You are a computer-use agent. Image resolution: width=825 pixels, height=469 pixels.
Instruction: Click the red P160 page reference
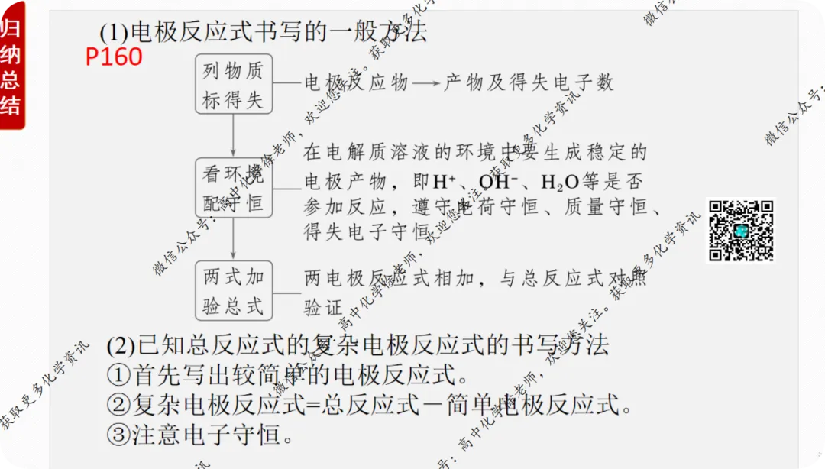(x=114, y=57)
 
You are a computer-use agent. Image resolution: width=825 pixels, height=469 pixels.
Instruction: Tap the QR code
(x=740, y=231)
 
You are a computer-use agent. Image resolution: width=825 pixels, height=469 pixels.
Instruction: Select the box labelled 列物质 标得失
(x=233, y=84)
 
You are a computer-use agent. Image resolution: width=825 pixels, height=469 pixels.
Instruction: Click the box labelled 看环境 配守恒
(x=233, y=188)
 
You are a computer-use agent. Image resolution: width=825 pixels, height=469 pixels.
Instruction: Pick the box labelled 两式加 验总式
(x=233, y=291)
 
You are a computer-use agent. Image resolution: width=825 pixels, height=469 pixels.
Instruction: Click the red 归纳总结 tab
(x=11, y=67)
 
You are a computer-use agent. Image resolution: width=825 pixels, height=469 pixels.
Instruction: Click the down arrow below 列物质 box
(x=233, y=136)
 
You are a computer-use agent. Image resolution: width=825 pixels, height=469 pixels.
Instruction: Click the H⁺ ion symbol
(x=445, y=183)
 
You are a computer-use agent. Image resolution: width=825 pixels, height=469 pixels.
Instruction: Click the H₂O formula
(x=559, y=183)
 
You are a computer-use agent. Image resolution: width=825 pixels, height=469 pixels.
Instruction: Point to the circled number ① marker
(x=118, y=375)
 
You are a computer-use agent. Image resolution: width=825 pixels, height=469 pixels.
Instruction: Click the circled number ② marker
(x=118, y=404)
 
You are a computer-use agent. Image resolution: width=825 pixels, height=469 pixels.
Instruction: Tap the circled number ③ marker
(x=118, y=434)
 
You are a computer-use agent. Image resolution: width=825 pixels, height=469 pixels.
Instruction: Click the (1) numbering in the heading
(x=114, y=32)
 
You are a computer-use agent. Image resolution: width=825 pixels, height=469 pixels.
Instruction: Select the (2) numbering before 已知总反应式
(x=121, y=345)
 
